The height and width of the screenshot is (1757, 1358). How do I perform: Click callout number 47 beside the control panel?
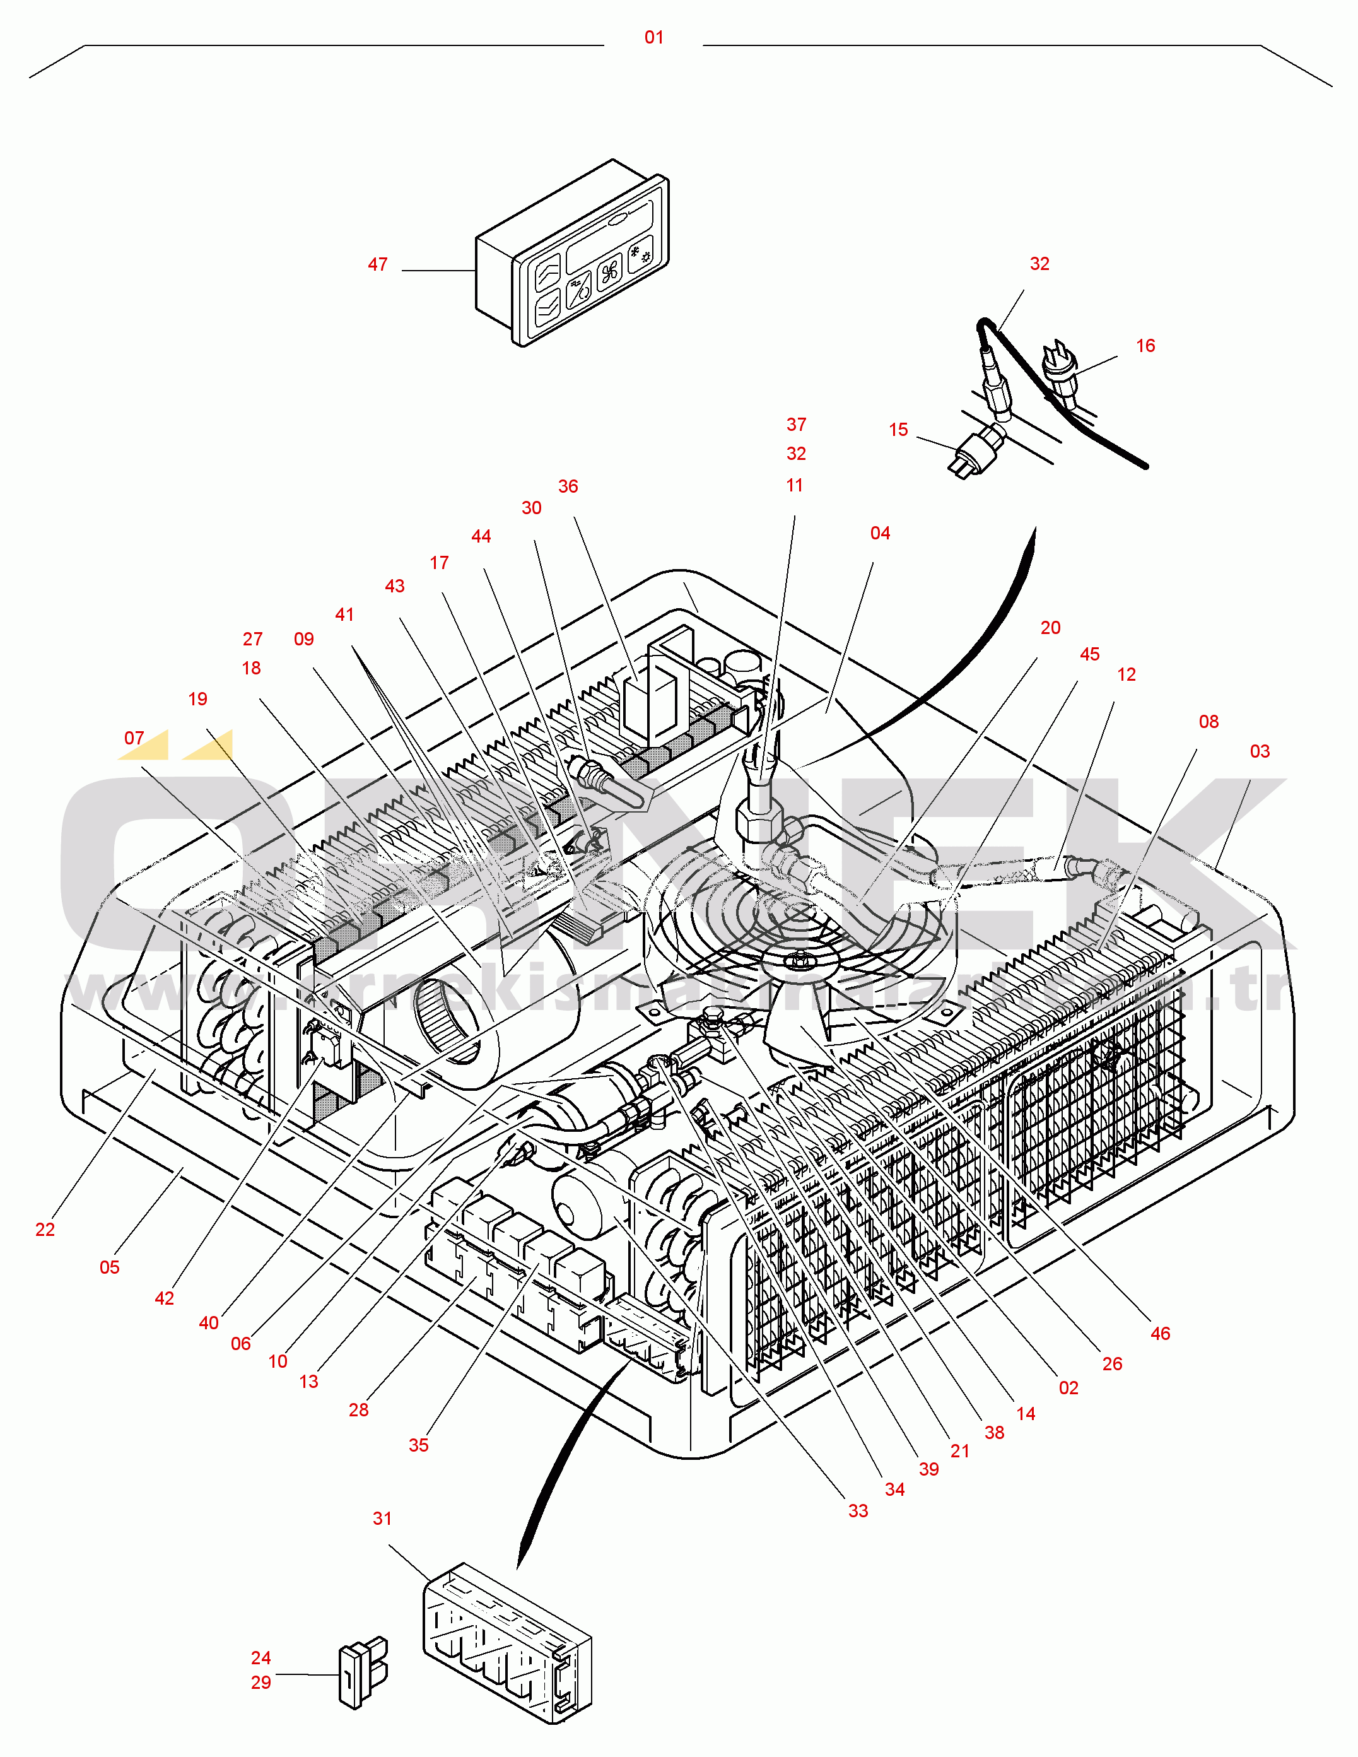(377, 265)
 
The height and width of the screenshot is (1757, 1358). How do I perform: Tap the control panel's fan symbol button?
(610, 271)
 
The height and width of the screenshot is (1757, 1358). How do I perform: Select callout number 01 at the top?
(654, 38)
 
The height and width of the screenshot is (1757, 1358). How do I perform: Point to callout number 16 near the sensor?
(1145, 346)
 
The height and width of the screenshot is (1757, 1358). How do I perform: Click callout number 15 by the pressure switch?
(898, 430)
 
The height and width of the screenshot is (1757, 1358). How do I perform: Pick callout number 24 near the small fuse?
(260, 1657)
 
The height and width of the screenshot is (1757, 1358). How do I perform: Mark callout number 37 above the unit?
(795, 424)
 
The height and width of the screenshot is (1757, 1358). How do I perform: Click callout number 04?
(879, 533)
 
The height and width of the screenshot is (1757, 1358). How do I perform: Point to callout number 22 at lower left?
(45, 1229)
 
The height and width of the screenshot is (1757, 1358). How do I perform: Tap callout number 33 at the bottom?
(858, 1511)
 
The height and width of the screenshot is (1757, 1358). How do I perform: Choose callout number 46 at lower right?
(1159, 1334)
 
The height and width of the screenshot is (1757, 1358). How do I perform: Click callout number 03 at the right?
(1259, 751)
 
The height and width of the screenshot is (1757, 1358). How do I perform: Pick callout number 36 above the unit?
(568, 486)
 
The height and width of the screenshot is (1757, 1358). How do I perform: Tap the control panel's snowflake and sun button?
(641, 256)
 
